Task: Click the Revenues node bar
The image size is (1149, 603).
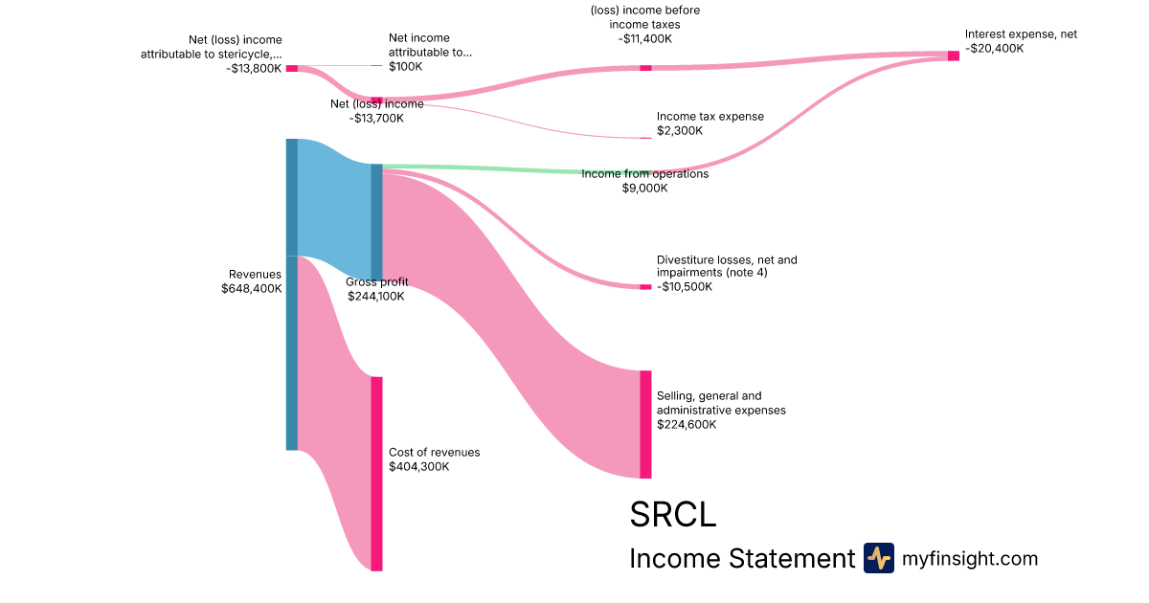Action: (292, 294)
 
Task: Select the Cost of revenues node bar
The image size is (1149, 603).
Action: (376, 474)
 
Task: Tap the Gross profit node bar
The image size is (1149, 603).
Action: (376, 222)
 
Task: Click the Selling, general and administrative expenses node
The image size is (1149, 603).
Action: (645, 424)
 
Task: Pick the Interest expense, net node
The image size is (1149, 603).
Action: (953, 56)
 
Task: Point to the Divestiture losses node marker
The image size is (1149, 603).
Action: (645, 287)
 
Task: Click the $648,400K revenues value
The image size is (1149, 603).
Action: (252, 288)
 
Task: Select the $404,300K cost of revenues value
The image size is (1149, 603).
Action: (418, 466)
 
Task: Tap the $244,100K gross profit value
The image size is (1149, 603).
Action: (375, 296)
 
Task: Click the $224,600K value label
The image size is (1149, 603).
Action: (687, 424)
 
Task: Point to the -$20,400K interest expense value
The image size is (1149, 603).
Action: (994, 48)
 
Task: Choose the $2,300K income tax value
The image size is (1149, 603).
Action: (680, 130)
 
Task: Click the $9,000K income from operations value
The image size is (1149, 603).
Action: (644, 188)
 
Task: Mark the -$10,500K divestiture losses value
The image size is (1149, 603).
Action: (685, 286)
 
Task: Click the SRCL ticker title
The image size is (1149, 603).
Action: (672, 515)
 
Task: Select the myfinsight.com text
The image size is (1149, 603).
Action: (970, 558)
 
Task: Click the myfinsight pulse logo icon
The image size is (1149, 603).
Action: (878, 558)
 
